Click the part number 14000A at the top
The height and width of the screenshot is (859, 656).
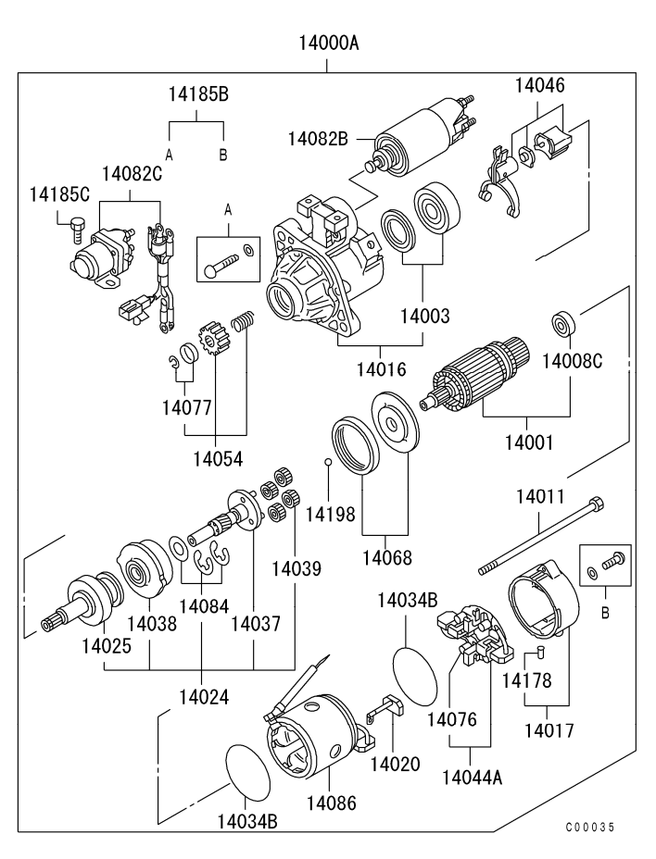click(x=328, y=43)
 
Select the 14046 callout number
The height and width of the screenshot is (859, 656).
click(x=540, y=86)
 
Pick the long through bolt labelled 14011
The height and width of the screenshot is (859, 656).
click(x=542, y=536)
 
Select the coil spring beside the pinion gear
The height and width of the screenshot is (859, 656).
click(x=242, y=323)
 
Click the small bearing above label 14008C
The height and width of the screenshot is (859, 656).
click(x=562, y=324)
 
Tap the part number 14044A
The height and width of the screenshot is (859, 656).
click(x=472, y=777)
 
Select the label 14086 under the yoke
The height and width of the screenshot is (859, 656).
click(x=332, y=802)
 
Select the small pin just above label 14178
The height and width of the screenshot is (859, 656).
click(x=536, y=656)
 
